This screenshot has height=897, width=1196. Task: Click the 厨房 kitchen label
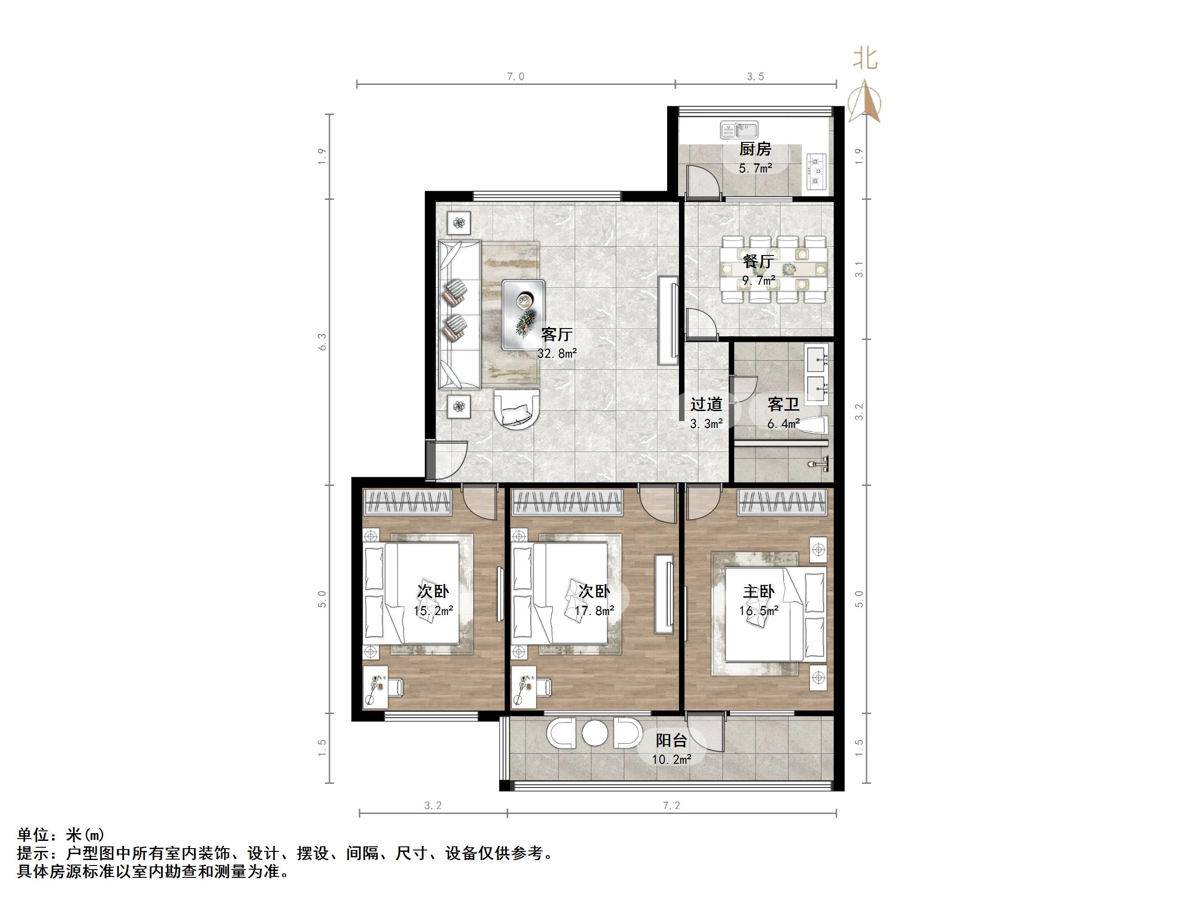click(x=755, y=149)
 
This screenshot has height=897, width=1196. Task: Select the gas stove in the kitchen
click(x=815, y=172)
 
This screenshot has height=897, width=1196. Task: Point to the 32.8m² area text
click(x=557, y=354)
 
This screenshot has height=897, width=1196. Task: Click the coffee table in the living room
click(x=523, y=315)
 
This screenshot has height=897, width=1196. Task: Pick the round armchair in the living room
click(x=138, y=410)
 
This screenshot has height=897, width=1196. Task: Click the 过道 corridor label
click(x=706, y=404)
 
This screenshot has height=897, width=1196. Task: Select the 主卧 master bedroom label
click(x=758, y=591)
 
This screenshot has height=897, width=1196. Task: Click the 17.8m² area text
click(x=594, y=611)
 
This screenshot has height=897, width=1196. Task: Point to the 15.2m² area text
click(x=433, y=611)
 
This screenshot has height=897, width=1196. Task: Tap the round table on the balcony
click(x=595, y=734)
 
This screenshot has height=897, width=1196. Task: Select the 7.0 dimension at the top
click(x=515, y=77)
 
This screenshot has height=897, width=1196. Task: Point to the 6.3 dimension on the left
click(x=322, y=342)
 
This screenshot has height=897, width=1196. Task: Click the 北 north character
click(x=865, y=59)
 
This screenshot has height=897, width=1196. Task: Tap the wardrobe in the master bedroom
click(x=782, y=502)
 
